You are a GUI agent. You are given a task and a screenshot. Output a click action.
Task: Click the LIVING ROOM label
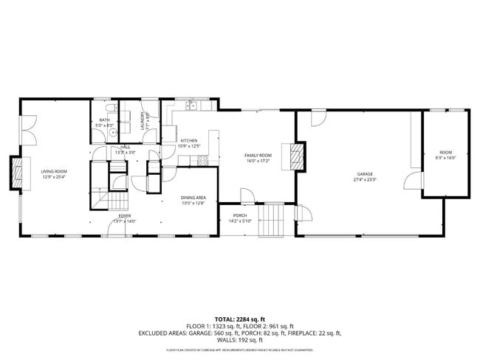tap(55, 171)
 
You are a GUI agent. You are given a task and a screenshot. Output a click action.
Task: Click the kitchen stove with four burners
tap(196, 160)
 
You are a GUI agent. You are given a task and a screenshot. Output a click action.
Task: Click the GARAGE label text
tap(365, 174)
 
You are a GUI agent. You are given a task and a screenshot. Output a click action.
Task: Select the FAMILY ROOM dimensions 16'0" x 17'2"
tap(258, 160)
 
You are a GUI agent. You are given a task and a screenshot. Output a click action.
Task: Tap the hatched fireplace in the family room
tap(297, 156)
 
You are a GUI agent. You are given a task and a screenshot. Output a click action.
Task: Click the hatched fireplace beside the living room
tap(16, 174)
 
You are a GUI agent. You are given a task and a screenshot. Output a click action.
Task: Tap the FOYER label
tap(126, 216)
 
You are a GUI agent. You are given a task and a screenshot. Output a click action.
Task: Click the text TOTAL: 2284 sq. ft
tap(240, 319)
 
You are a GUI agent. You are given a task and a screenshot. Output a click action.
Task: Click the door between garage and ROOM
tap(418, 181)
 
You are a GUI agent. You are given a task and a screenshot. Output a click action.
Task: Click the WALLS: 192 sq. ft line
tap(240, 340)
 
